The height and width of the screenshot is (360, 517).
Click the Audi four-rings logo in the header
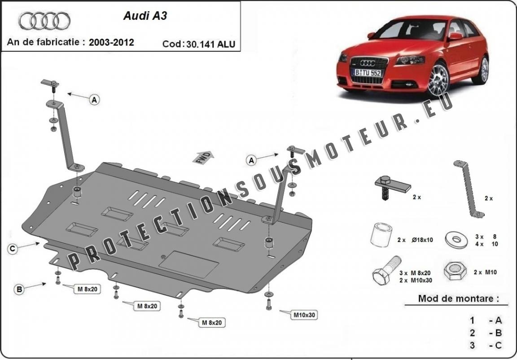tap(44, 21)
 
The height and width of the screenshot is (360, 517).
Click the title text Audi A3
tap(145, 16)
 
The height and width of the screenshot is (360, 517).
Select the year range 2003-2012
tap(111, 42)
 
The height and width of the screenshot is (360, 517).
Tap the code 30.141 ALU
tap(210, 44)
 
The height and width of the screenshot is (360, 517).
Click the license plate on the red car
tap(368, 73)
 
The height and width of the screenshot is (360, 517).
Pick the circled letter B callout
tap(19, 290)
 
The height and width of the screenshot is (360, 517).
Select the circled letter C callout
tap(13, 249)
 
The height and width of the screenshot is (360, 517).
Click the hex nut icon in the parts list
tap(455, 271)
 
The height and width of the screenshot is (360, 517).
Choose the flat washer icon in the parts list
tap(456, 240)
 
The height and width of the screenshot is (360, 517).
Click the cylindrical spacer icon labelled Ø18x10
tap(381, 235)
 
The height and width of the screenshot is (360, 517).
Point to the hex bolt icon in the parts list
tap(386, 270)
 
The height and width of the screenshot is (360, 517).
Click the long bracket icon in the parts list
tap(468, 189)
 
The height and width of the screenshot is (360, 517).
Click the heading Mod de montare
tap(458, 299)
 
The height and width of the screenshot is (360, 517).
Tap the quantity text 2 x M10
tap(485, 272)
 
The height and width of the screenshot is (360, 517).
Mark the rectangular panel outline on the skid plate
tap(188, 264)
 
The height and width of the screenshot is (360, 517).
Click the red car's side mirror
tap(455, 36)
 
